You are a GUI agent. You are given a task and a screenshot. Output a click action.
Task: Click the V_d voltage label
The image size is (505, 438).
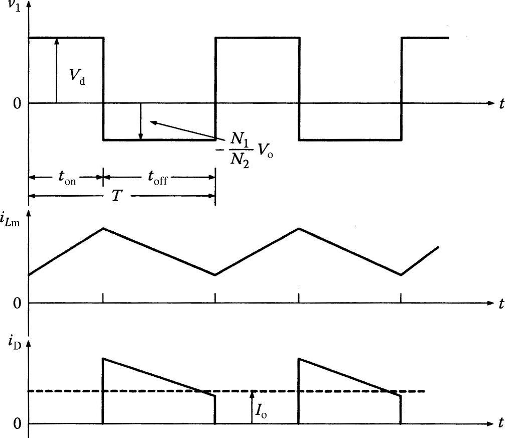click(x=77, y=77)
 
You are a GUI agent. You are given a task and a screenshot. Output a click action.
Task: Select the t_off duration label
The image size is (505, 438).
click(x=157, y=179)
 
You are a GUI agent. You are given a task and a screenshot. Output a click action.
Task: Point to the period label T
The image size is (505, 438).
click(x=116, y=196)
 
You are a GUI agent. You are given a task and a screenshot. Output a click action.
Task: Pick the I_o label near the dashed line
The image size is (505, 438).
click(x=261, y=412)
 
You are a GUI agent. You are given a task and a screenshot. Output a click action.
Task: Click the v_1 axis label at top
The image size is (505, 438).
click(x=15, y=7)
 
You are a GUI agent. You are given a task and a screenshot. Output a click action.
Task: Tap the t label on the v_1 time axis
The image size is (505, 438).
click(x=501, y=104)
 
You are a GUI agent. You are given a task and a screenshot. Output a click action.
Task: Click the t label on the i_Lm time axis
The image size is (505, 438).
click(x=501, y=304)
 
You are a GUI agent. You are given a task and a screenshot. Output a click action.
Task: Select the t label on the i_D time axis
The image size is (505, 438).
click(x=501, y=423)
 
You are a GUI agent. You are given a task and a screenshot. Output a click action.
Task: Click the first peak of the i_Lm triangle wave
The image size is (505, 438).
click(x=103, y=228)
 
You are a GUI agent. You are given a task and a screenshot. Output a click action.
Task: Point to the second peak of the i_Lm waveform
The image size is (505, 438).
click(x=299, y=228)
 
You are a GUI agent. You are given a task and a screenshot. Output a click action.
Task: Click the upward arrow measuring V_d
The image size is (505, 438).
click(x=57, y=70)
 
